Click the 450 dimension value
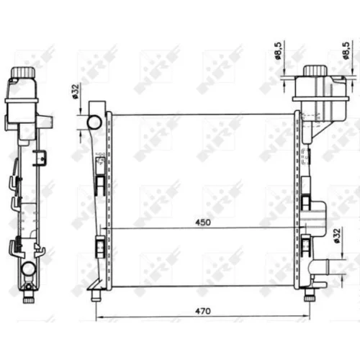pos(203,222)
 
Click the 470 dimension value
pos(203,311)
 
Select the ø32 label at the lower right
pos(337,236)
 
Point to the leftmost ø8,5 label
pos(278,50)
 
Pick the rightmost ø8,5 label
pos(346,50)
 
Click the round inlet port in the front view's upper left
pos(94,122)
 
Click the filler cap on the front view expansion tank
pos(315,71)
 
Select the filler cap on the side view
pos(23,72)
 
